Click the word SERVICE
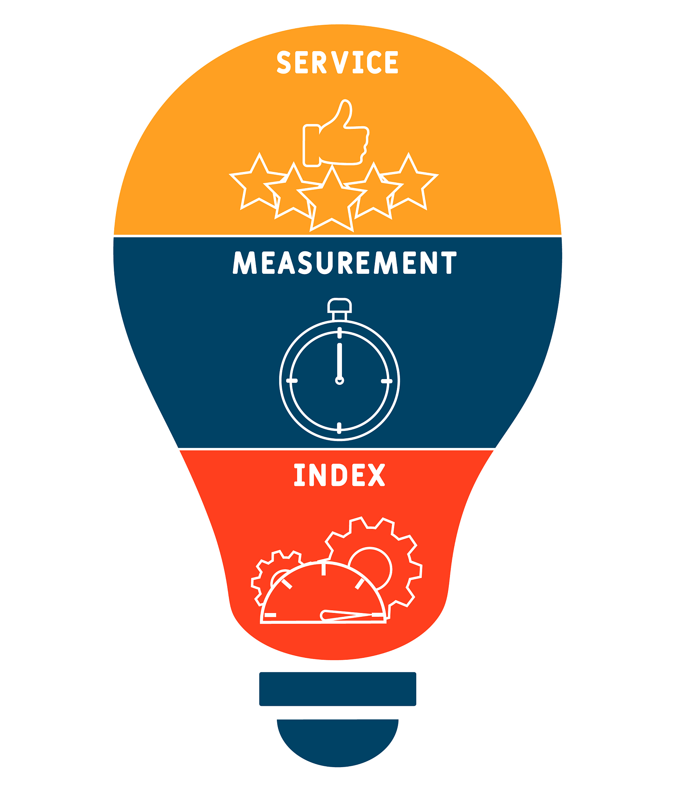point(337,62)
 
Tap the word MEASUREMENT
point(344,263)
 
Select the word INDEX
point(339,475)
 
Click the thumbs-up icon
point(335,134)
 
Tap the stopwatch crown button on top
point(339,306)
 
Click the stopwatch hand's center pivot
point(339,381)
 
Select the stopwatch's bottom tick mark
point(339,428)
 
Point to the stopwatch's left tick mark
point(292,381)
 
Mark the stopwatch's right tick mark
point(387,381)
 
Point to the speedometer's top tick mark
point(323,570)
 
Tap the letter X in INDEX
point(376,475)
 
